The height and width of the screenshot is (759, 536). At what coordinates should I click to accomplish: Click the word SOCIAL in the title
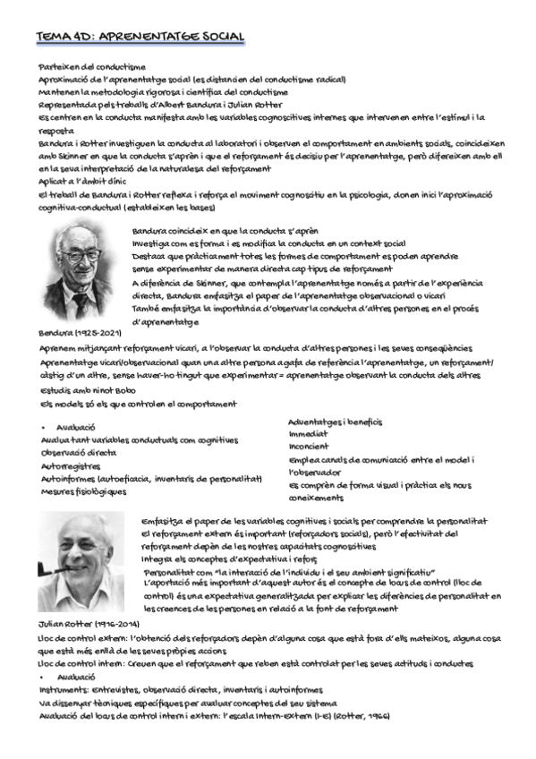(x=214, y=37)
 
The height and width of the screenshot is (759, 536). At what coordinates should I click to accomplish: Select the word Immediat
(x=308, y=433)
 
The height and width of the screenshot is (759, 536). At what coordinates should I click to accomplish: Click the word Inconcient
(x=309, y=446)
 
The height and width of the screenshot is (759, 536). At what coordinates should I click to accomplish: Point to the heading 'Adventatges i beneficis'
(x=336, y=421)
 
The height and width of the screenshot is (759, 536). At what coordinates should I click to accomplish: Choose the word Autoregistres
(x=70, y=466)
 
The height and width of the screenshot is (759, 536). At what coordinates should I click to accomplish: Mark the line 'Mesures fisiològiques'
(x=83, y=490)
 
